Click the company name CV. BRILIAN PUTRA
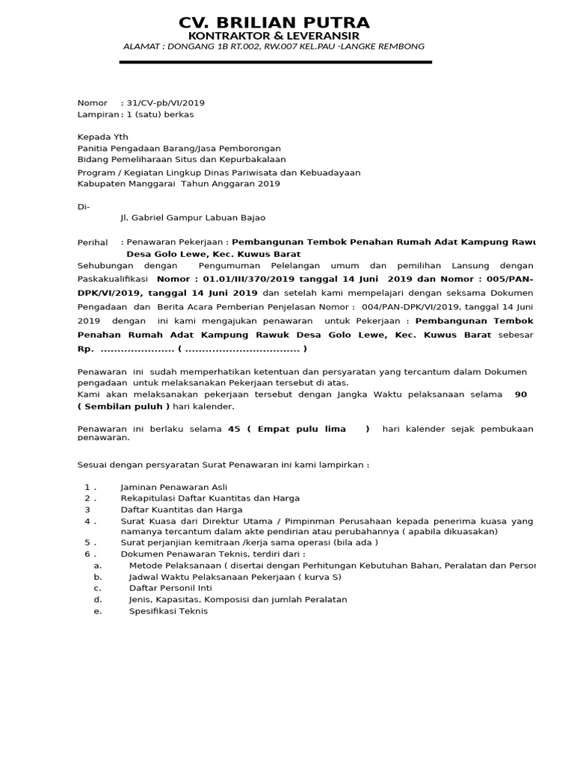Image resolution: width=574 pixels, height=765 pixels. pos(274,22)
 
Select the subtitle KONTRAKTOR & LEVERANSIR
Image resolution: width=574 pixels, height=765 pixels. pos(274,36)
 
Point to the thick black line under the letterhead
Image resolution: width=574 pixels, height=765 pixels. pos(275,62)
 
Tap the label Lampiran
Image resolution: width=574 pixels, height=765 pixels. pos(98,114)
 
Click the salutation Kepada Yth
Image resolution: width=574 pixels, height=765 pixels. pos(103,137)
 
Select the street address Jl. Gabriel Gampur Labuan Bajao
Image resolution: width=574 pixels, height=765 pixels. pos(192,217)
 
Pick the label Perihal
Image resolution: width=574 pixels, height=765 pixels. pos(93,243)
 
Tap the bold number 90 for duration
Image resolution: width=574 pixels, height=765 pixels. pos(522,394)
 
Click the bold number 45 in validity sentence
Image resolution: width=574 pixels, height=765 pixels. pos(234,429)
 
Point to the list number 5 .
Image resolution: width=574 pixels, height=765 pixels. pos(88,543)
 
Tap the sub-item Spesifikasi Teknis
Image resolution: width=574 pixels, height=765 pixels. pos(168,611)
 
